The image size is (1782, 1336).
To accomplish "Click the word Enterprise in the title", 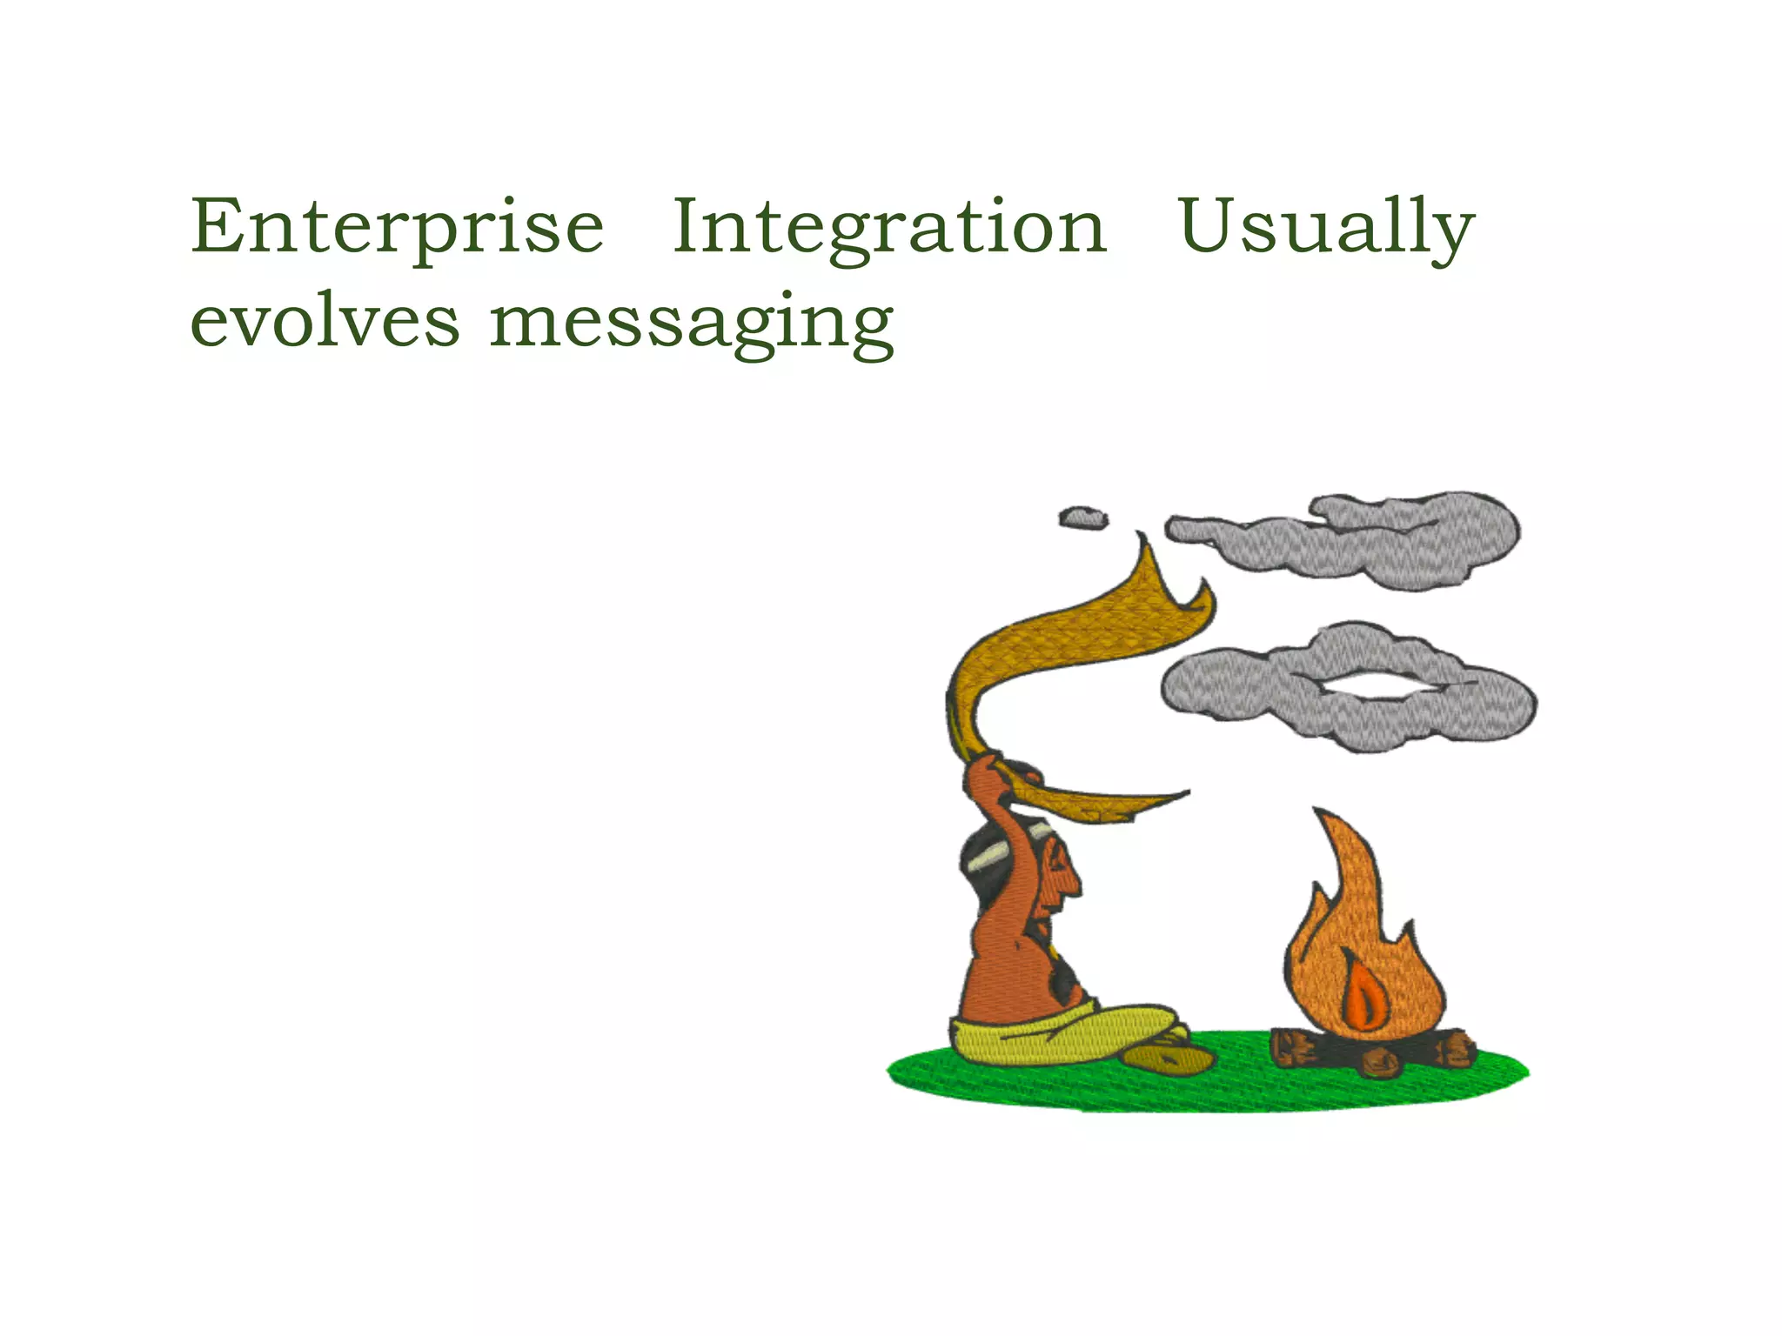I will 397,228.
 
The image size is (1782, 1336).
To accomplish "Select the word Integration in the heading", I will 889,228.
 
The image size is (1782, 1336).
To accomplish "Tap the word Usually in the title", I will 1325,228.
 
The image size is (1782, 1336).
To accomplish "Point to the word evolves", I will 325,322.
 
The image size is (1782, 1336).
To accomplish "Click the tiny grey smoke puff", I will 1083,518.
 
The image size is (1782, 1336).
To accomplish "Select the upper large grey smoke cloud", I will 1357,539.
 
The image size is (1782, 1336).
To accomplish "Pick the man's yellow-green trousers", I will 1062,1035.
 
